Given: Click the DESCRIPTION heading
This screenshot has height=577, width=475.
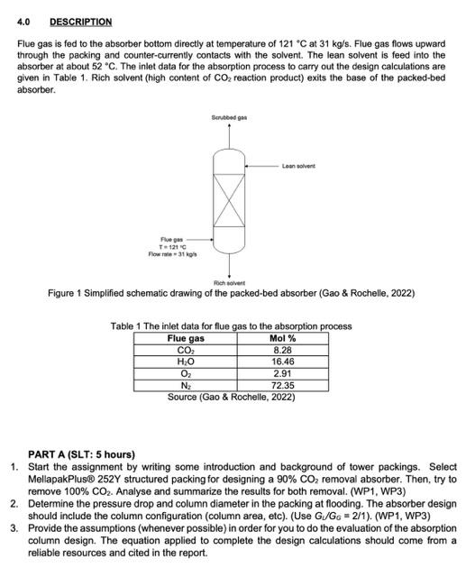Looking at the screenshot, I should pos(80,22).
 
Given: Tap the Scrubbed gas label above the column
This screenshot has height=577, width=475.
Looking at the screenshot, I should pos(229,118).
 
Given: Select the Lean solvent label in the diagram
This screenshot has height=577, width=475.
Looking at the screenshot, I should pos(297,166).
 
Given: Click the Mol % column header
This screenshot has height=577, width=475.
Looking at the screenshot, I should pos(283,338).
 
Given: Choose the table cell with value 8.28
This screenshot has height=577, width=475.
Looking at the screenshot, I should pos(283,350).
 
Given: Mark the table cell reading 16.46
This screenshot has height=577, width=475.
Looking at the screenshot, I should pos(283,362).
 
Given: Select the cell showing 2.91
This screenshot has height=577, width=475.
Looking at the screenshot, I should pos(283,373).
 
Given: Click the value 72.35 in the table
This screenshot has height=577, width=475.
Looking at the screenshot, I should pos(283,385).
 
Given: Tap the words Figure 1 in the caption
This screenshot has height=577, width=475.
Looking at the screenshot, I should pos(72,294).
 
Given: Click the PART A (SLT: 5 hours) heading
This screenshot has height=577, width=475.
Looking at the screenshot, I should pos(81,454).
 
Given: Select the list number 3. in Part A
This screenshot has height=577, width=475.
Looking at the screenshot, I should pos(15,525).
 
